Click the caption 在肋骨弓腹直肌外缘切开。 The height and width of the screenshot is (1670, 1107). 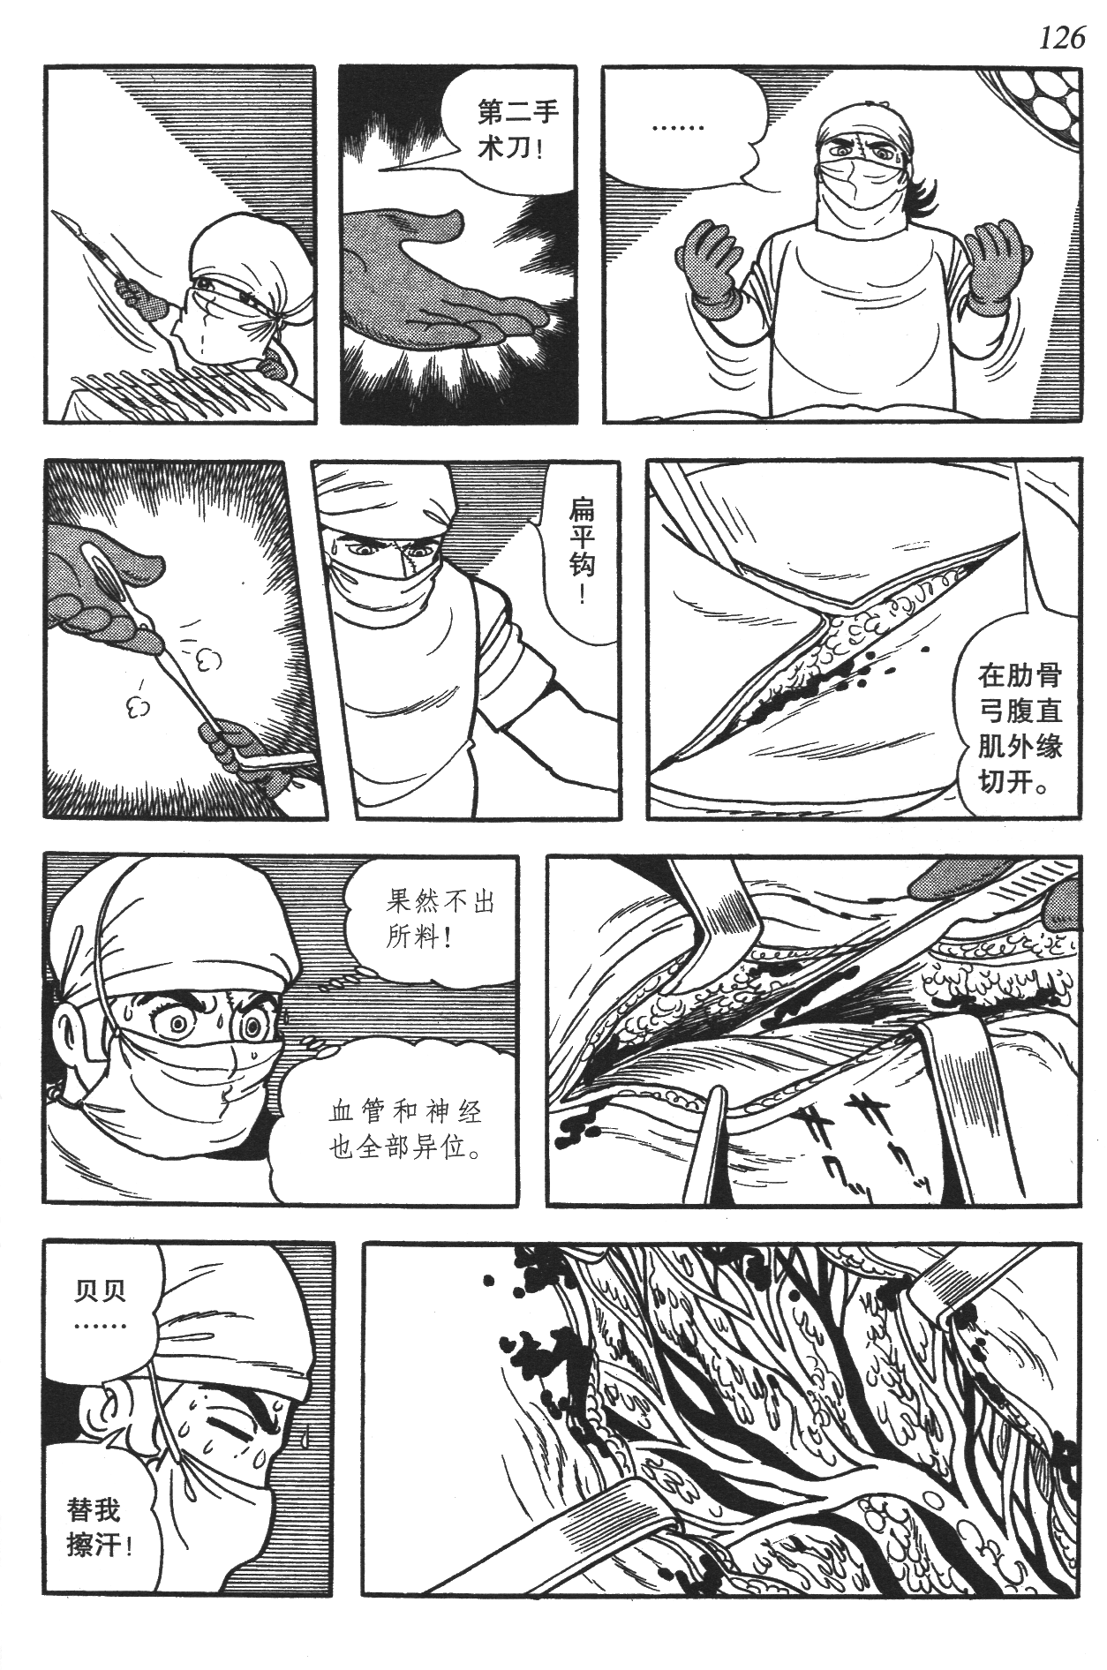1019,728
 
